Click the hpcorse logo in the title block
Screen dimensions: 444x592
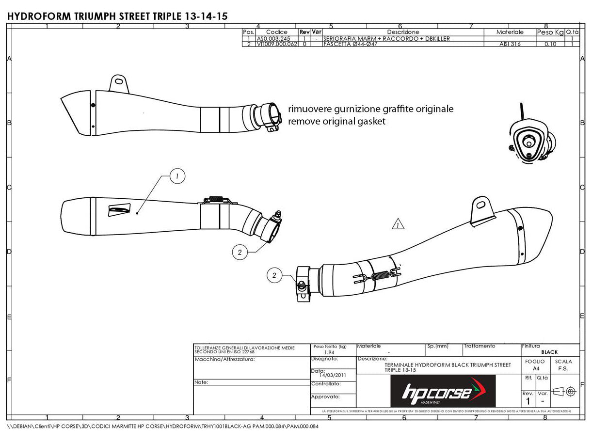tap(442, 391)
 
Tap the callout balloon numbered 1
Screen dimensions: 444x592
tap(177, 177)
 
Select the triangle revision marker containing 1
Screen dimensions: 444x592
tap(398, 224)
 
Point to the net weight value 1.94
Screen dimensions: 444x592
tap(329, 352)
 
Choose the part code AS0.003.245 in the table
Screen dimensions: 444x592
tap(273, 38)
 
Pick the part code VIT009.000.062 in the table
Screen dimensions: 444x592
tap(276, 44)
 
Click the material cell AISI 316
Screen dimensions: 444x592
tap(510, 44)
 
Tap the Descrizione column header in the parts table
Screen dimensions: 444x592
tap(399, 32)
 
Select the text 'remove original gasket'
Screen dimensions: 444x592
tap(336, 121)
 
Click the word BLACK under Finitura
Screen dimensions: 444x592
tap(549, 352)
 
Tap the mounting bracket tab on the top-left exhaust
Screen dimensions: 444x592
tap(119, 83)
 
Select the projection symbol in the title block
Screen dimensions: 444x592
tap(564, 391)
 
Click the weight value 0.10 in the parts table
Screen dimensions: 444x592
tap(550, 44)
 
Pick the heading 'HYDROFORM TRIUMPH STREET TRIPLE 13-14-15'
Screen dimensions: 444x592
tap(117, 16)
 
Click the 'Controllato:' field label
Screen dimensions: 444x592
tap(326, 384)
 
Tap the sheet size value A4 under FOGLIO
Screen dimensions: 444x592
tap(535, 368)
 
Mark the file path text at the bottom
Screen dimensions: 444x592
tap(163, 427)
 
